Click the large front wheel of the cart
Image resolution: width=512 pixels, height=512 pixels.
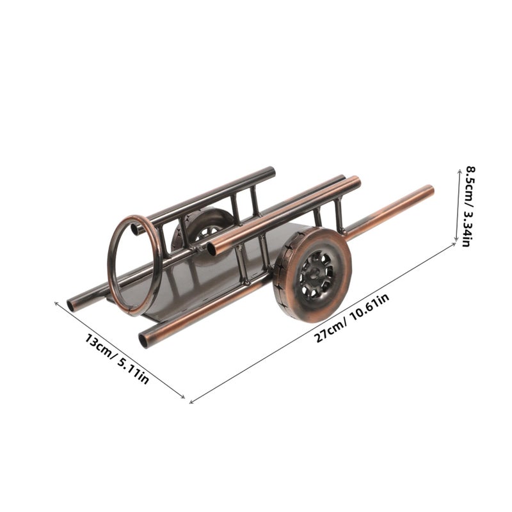312,275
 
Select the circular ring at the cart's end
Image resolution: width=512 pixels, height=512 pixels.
134,265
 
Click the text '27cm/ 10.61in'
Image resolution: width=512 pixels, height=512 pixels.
352,317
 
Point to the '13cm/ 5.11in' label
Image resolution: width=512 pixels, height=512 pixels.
117,358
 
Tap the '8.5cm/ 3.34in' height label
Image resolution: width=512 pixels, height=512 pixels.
471,206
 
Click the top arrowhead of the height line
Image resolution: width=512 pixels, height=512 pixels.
458,167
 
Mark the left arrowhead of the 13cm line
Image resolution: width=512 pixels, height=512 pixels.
56,303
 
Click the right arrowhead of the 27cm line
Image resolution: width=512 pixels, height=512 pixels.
454,244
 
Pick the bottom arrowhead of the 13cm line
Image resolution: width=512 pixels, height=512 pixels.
183,397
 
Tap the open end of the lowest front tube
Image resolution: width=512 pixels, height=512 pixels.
143,340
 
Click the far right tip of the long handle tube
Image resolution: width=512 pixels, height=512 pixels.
431,189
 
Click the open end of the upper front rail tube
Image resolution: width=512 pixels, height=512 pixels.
212,249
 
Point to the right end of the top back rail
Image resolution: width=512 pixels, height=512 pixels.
271,172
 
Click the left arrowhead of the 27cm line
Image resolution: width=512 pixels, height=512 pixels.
191,402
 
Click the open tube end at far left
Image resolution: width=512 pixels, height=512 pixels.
70,306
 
